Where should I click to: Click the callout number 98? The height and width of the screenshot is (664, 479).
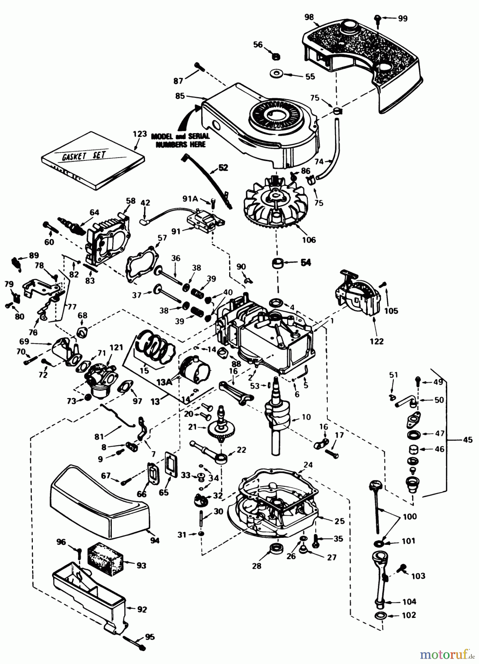[310, 17]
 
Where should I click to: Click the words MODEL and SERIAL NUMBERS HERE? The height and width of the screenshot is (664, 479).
[180, 141]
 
